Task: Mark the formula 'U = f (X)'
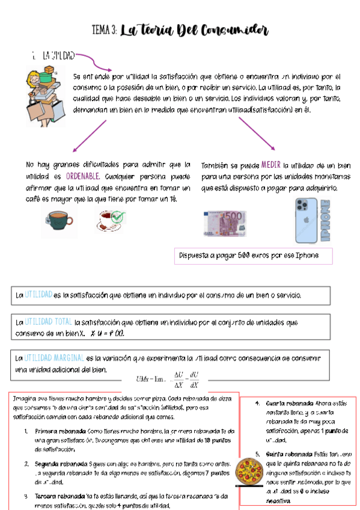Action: (x=111, y=333)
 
